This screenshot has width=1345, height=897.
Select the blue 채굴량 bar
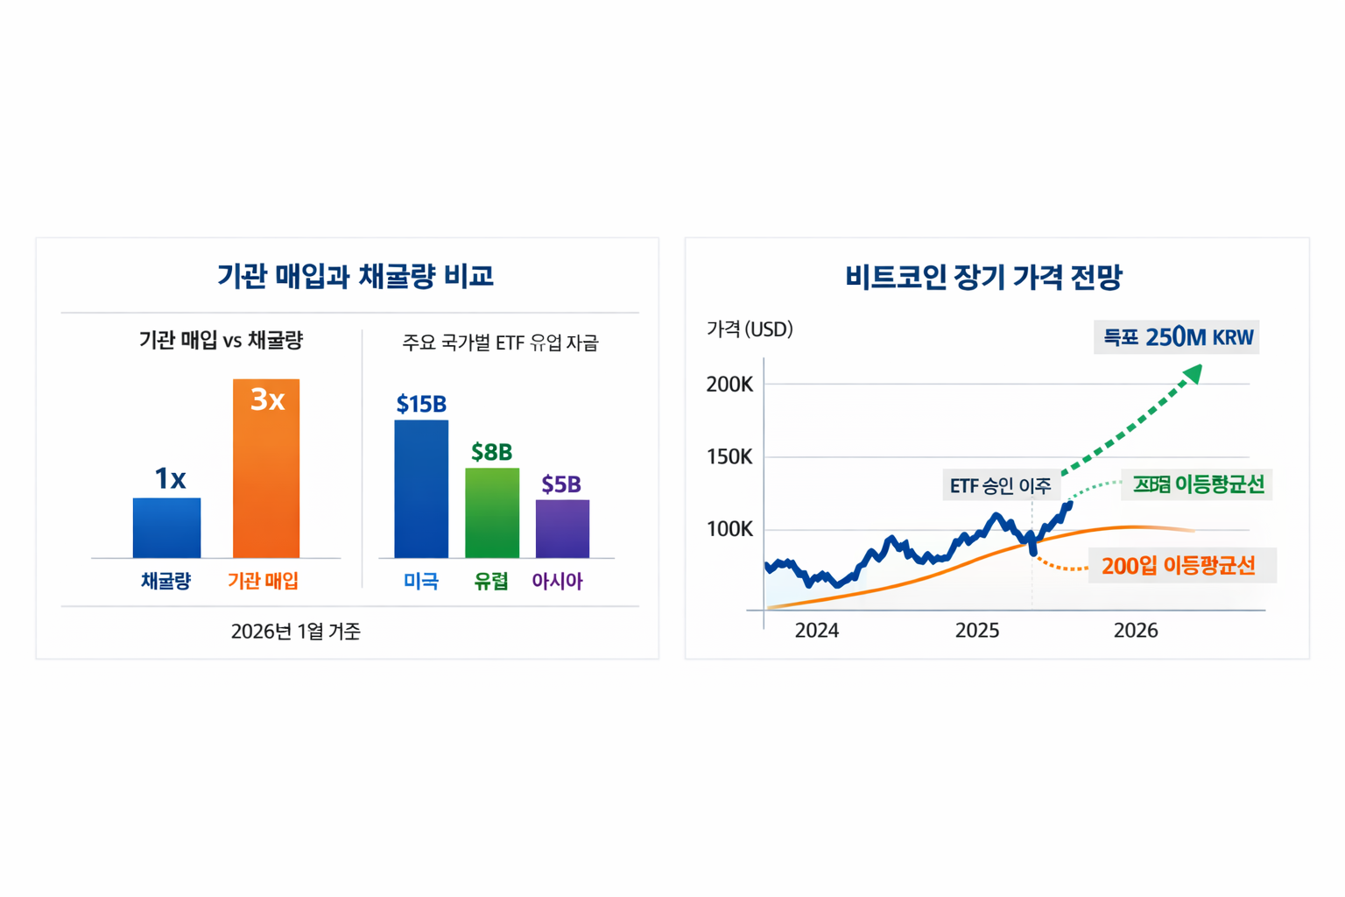(166, 527)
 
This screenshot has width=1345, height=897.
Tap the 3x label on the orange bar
(267, 399)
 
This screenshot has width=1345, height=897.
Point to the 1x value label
(170, 478)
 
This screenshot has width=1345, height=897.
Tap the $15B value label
(421, 404)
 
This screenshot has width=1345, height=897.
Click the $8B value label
(491, 452)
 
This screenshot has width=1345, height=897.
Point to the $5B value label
(561, 484)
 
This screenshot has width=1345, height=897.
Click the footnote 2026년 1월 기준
(295, 632)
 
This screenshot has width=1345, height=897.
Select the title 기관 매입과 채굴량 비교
(355, 276)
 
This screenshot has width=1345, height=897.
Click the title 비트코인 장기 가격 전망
(983, 277)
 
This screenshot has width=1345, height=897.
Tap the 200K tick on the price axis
(729, 385)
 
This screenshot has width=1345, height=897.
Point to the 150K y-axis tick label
(729, 457)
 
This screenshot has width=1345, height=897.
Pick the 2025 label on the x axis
(977, 631)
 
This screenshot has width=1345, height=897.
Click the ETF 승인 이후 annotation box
(1000, 485)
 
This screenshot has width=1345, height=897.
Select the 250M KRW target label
(1176, 337)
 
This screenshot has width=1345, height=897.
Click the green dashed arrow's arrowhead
(1192, 375)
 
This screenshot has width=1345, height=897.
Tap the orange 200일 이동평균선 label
(1178, 566)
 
